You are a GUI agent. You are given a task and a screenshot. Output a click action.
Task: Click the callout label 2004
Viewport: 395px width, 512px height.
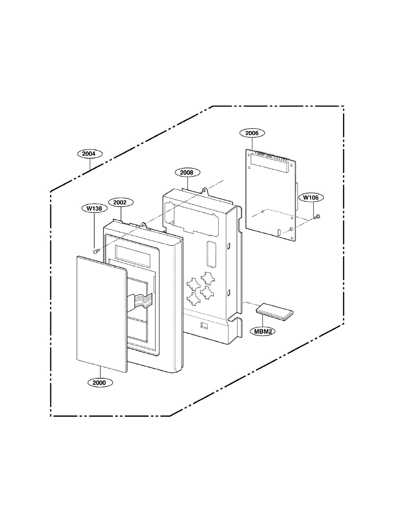(x=90, y=154)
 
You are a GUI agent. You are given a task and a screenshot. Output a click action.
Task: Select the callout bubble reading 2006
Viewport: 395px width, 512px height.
(x=252, y=133)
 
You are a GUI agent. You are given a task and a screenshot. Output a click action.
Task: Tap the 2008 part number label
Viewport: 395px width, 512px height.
(x=187, y=172)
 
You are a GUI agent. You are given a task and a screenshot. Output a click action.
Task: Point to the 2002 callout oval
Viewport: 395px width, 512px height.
(x=121, y=202)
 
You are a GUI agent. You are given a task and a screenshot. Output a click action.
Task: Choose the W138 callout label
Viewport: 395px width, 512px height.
(x=95, y=208)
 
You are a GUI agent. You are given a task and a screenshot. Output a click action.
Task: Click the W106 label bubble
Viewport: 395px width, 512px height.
(x=311, y=198)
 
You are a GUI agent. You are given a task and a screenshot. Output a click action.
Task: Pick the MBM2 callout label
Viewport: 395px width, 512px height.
(x=263, y=332)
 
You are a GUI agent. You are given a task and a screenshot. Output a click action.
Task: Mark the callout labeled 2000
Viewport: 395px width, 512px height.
(x=100, y=383)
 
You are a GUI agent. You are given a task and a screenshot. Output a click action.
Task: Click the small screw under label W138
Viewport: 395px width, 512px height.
(x=96, y=251)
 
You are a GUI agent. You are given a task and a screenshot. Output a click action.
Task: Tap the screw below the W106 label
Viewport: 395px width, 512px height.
(x=317, y=216)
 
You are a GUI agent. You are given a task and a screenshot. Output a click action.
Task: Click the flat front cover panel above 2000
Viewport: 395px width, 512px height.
(x=102, y=314)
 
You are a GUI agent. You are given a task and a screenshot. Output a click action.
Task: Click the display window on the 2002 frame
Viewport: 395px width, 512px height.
(x=133, y=256)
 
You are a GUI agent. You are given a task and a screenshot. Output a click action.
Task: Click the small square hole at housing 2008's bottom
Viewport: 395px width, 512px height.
(x=204, y=325)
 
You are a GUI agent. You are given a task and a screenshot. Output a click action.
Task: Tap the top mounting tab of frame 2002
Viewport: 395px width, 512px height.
(x=143, y=226)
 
